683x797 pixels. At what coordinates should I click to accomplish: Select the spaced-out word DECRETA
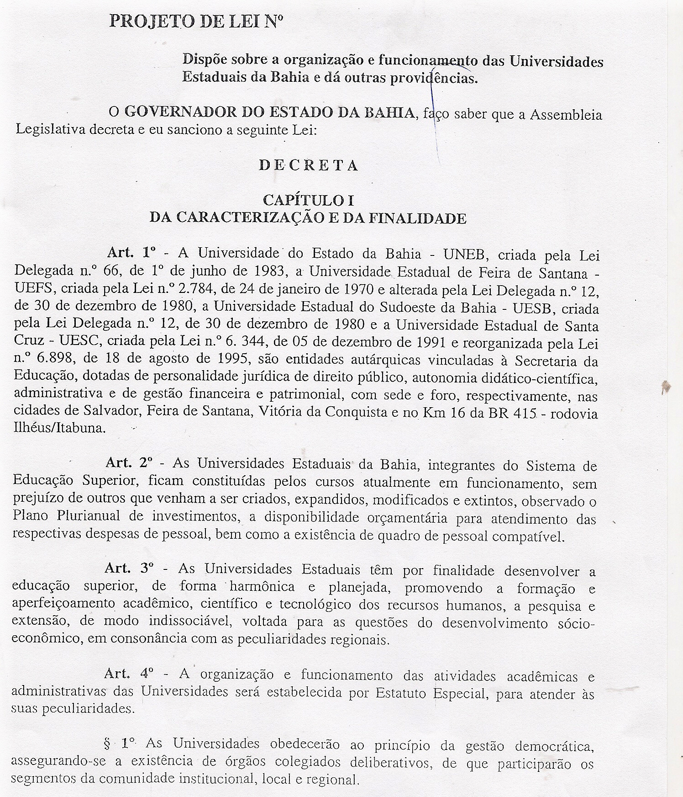click(x=308, y=165)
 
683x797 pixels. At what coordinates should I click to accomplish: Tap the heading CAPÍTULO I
click(x=308, y=200)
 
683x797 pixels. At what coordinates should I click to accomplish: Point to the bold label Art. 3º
click(x=129, y=569)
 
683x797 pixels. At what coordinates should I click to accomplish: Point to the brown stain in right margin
click(x=667, y=388)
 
